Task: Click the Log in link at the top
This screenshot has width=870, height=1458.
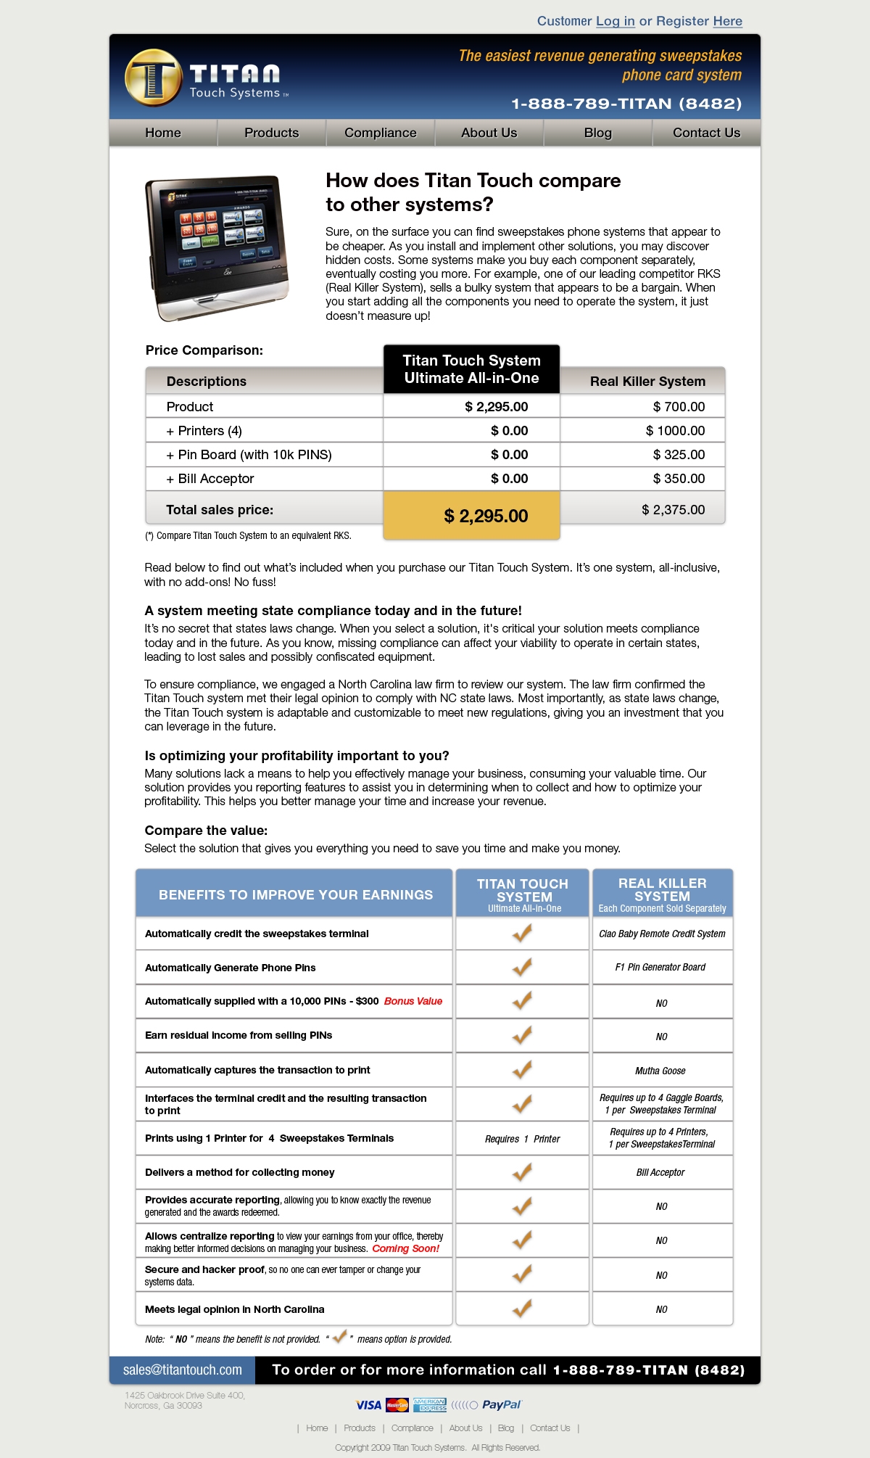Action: click(615, 21)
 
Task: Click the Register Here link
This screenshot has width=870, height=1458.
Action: click(727, 21)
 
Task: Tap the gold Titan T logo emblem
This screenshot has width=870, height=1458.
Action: click(152, 78)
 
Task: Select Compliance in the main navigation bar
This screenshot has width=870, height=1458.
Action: click(380, 133)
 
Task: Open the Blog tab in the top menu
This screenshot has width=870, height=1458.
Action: click(597, 133)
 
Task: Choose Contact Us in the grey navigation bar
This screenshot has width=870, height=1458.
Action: click(706, 133)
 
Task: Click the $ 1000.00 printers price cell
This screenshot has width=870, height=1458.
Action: click(675, 431)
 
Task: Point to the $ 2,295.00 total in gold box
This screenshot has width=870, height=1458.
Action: click(486, 516)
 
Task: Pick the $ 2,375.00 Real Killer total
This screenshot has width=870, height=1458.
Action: click(673, 510)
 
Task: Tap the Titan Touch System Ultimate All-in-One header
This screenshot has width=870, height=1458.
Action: click(471, 369)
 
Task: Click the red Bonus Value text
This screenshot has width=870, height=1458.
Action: click(413, 1001)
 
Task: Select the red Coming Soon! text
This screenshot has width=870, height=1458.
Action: click(405, 1248)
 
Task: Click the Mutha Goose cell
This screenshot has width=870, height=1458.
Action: click(660, 1071)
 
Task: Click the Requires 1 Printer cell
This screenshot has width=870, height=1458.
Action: click(522, 1139)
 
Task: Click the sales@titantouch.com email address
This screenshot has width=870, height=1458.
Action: click(182, 1370)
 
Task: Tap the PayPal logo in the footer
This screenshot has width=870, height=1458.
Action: click(501, 1405)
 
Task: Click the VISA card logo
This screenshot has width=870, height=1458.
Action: click(368, 1405)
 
